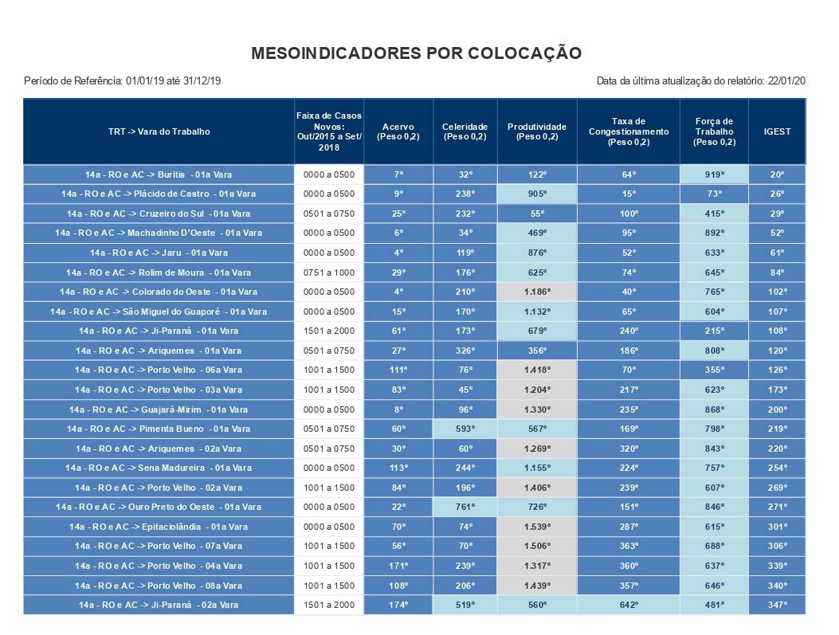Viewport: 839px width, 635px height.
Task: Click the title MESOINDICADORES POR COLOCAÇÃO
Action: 416,53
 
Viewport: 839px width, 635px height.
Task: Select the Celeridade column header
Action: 465,131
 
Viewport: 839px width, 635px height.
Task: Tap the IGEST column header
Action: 777,131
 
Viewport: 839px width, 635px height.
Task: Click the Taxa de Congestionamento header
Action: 629,131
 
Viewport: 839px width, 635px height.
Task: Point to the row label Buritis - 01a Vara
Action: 159,174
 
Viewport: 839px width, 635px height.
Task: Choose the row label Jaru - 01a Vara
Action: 159,253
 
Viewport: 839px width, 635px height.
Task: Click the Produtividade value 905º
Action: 536,194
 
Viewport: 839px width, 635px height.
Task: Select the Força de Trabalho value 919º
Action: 714,174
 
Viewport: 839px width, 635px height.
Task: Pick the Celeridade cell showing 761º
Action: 465,507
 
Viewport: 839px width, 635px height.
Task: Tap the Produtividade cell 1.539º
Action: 536,527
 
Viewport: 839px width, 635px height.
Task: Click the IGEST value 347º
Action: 777,605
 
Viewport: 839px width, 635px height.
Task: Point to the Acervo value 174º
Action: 398,605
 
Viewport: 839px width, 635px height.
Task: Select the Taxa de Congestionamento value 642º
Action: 629,605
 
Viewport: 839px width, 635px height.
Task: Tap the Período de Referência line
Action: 123,80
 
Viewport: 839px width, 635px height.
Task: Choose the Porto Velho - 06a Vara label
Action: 159,370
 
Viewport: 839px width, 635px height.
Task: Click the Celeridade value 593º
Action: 465,429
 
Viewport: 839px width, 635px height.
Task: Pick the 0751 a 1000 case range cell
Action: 329,272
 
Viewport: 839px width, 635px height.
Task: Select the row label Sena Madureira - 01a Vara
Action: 159,468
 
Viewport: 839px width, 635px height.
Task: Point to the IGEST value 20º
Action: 777,174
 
